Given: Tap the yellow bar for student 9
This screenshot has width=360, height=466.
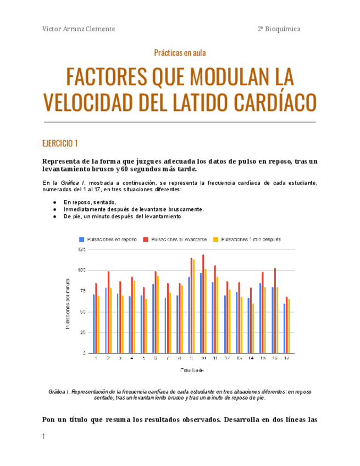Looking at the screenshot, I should click(194, 306).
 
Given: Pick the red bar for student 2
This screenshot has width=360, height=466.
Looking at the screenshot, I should click(108, 312).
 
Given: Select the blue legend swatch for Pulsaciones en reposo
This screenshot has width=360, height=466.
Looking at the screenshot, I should click(82, 240).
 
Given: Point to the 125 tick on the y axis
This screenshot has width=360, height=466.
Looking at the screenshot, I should click(81, 249).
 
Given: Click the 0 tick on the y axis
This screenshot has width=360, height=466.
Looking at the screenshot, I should click(84, 353).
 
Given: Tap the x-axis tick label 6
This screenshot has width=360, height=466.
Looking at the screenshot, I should click(156, 358).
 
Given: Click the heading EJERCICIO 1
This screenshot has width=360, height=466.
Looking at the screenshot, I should click(60, 144).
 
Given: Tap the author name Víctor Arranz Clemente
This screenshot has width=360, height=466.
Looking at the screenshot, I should click(79, 29).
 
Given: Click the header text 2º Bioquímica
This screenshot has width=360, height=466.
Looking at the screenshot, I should click(279, 29).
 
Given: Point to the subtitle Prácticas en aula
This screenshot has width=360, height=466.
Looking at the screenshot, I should click(180, 53).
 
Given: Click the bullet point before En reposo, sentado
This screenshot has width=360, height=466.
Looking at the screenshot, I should click(54, 202).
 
